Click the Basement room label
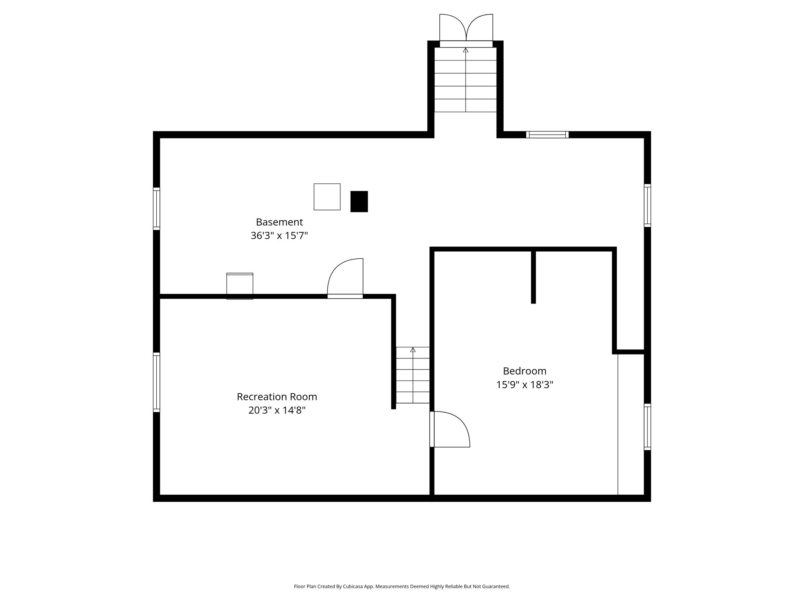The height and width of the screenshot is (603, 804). (279, 222)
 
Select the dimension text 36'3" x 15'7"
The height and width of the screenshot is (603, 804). (279, 236)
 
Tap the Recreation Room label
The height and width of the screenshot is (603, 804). (277, 397)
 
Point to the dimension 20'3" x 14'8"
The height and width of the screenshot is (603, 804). (277, 411)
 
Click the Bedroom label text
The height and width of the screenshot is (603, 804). (524, 371)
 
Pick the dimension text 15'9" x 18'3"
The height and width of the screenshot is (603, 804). (524, 385)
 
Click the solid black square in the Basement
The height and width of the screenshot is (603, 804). (359, 201)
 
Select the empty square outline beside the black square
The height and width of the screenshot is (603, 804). (327, 197)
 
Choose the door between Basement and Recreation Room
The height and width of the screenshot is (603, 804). (345, 279)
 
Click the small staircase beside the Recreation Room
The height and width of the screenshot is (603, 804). (413, 375)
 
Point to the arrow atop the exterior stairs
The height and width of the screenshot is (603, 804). (466, 50)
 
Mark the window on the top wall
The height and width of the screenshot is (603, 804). (547, 135)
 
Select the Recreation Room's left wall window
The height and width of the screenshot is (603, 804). (156, 382)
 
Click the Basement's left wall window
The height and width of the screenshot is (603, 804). (156, 209)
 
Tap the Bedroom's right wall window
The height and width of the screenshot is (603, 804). (647, 427)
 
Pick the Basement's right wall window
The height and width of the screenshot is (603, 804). (647, 205)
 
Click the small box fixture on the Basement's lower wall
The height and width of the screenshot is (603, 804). (239, 286)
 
